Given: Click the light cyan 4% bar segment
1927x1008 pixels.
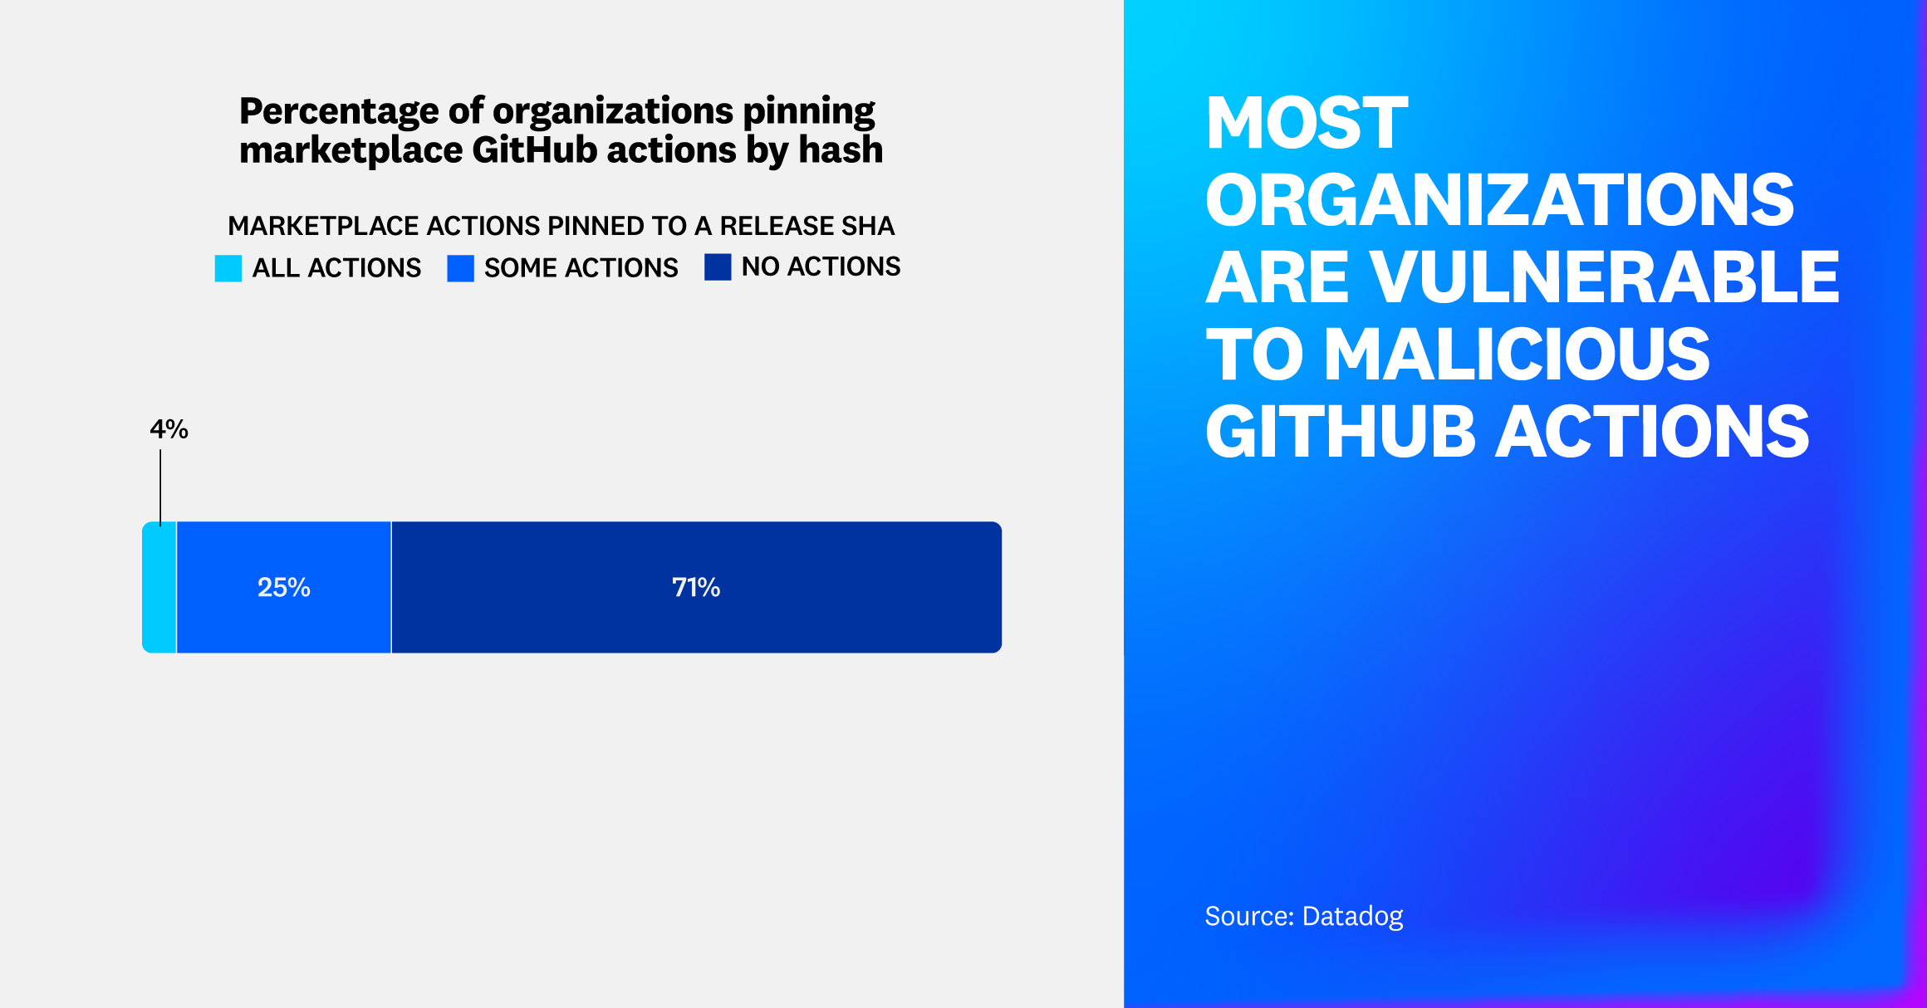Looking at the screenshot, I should coord(159,587).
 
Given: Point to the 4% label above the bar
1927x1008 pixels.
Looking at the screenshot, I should coord(169,429).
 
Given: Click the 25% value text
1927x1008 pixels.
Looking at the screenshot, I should coord(283,587).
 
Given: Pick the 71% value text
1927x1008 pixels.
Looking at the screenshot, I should coord(696,587).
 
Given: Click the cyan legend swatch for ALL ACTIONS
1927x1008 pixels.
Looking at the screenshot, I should coord(228,268).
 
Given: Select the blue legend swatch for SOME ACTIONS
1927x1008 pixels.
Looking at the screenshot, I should coord(460,268).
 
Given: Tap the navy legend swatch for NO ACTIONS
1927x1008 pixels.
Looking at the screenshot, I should coord(718,267).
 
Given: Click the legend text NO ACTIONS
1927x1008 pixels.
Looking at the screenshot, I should coord(821,267).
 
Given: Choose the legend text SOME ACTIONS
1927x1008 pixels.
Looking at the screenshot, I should coord(581,268).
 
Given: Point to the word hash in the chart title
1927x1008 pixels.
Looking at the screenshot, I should coord(840,150).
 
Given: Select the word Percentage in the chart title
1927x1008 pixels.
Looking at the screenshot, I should coord(338,111).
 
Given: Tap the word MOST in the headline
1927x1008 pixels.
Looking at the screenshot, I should coord(1307,123).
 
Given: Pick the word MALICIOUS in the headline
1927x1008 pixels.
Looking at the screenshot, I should coord(1517,355).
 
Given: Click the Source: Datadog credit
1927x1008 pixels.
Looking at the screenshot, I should coord(1303,916).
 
